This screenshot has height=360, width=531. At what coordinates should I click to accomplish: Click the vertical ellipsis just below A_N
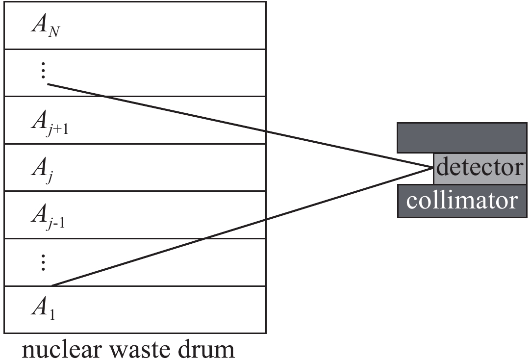point(43,72)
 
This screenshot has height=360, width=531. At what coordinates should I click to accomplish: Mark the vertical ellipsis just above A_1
point(43,263)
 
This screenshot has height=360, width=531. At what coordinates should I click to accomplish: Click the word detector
point(480,167)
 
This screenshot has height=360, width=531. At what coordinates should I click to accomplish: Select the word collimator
point(462,200)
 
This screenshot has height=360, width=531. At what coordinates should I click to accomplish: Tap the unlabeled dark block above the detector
point(462,137)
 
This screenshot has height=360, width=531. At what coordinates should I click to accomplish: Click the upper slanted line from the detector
point(245,127)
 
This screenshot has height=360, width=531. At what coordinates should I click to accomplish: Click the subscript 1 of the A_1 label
point(52,314)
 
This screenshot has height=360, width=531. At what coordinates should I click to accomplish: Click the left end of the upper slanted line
point(48,84)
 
